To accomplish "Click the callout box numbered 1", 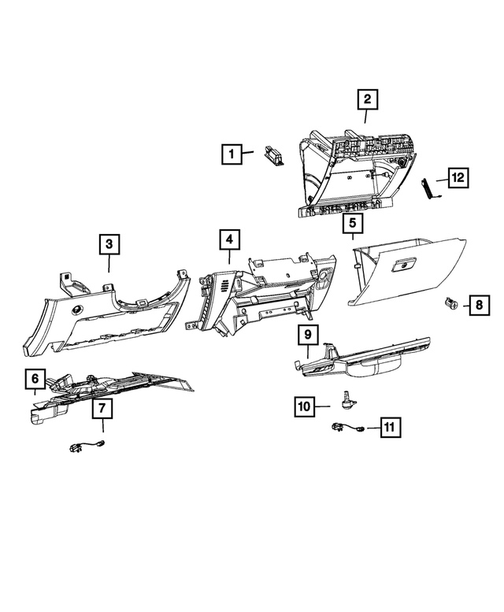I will click(231, 155).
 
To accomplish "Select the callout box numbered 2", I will click(367, 100).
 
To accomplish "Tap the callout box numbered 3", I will click(109, 245).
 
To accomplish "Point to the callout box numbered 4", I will click(228, 240).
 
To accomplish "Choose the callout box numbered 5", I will click(352, 224).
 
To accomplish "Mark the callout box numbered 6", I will click(35, 380).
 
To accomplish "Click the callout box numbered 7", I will click(102, 408).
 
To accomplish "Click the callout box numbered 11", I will click(389, 427).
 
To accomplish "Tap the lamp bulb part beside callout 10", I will click(345, 401).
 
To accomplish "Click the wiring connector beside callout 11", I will click(347, 428).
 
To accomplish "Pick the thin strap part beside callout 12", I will click(430, 190).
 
